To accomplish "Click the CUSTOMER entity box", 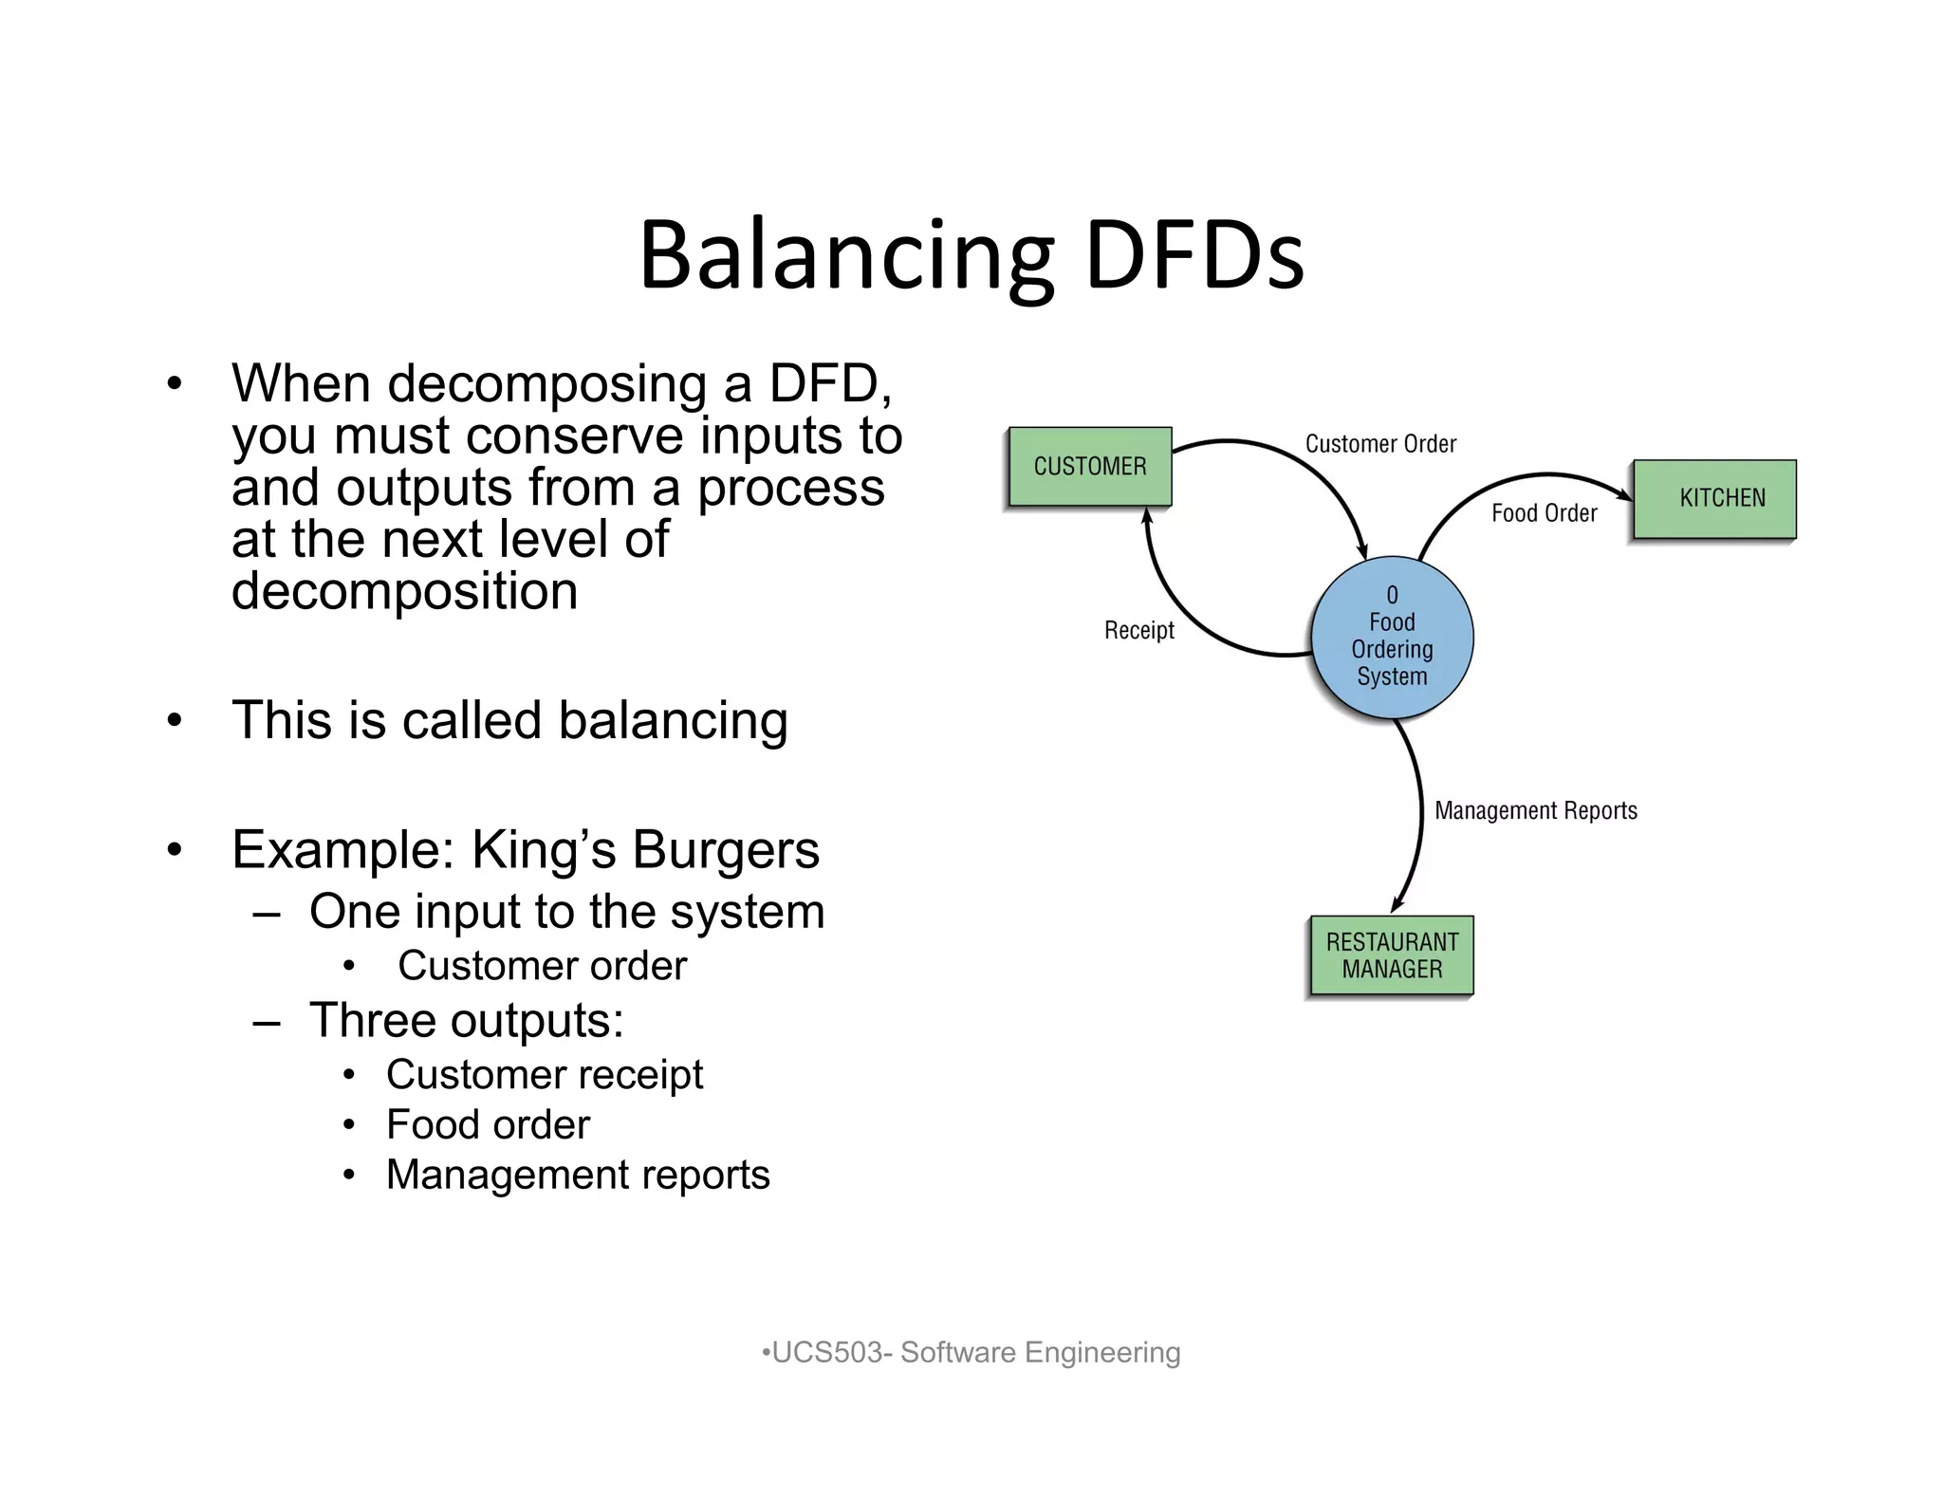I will [x=1089, y=466].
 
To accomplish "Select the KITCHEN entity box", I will [x=1713, y=499].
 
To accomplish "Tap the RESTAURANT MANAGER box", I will [x=1391, y=955].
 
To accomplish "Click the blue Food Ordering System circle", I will [x=1392, y=637].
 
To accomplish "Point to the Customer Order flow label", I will [x=1379, y=444].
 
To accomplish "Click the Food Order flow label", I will [x=1544, y=513].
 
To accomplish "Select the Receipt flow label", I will [x=1138, y=630].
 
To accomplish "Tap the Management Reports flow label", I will [x=1535, y=810].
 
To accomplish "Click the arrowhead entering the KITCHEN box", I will [x=1625, y=494].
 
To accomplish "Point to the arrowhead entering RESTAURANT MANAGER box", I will [x=1397, y=905].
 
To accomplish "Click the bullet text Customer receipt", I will [x=544, y=1074].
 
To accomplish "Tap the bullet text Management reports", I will [x=577, y=1175].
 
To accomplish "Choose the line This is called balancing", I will [x=509, y=720].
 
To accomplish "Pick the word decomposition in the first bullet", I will [x=404, y=591].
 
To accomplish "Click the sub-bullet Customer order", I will [x=541, y=966].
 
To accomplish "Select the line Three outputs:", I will [x=466, y=1021].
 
